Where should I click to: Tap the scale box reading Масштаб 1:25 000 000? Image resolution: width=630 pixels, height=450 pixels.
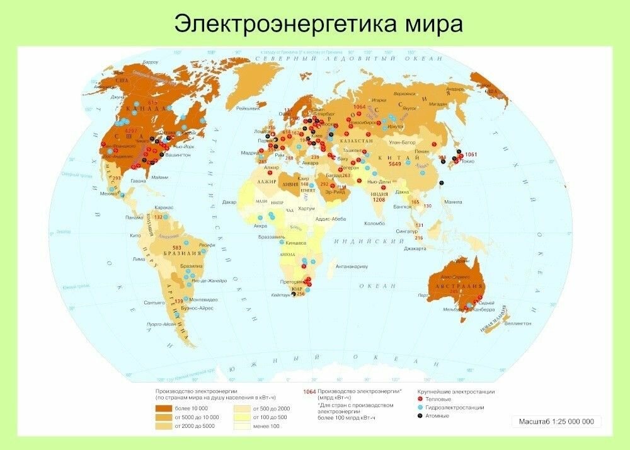pyautogui.click(x=556, y=421)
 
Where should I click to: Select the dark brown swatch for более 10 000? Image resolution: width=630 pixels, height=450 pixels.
pyautogui.click(x=165, y=408)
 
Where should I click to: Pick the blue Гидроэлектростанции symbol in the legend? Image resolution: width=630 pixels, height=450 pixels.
pyautogui.click(x=420, y=408)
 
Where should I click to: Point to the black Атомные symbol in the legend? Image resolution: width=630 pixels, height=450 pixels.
pyautogui.click(x=420, y=416)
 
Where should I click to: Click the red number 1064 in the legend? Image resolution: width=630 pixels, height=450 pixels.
pyautogui.click(x=309, y=391)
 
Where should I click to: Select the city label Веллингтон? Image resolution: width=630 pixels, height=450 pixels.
pyautogui.click(x=518, y=323)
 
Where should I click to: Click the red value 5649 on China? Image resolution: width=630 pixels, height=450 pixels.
pyautogui.click(x=395, y=163)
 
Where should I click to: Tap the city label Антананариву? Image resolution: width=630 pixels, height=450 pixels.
pyautogui.click(x=352, y=267)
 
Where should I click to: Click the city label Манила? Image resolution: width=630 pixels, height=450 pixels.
pyautogui.click(x=453, y=202)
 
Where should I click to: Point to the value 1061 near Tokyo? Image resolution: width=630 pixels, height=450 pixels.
pyautogui.click(x=471, y=154)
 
